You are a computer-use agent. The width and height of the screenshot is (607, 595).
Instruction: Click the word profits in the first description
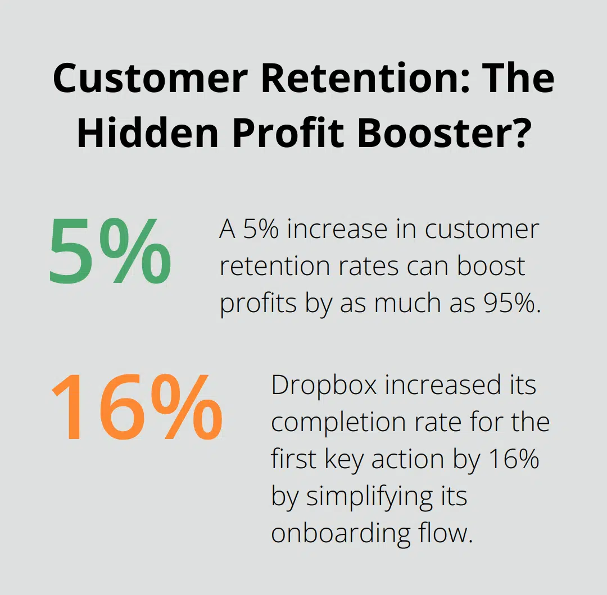pyautogui.click(x=258, y=303)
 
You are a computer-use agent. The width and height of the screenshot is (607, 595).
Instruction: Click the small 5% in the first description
pyautogui.click(x=262, y=230)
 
